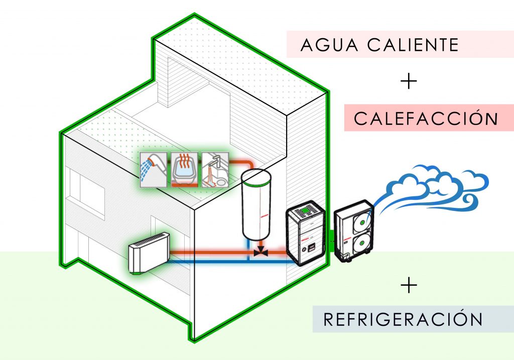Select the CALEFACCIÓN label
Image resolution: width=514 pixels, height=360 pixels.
[426, 119]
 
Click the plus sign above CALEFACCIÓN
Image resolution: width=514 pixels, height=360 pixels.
[410, 82]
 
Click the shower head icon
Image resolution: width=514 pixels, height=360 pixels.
[153, 169]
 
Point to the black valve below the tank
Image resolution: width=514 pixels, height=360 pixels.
[260, 251]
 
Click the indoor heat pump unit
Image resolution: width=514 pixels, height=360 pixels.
[306, 233]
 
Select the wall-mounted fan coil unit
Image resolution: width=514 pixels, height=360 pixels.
[149, 256]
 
